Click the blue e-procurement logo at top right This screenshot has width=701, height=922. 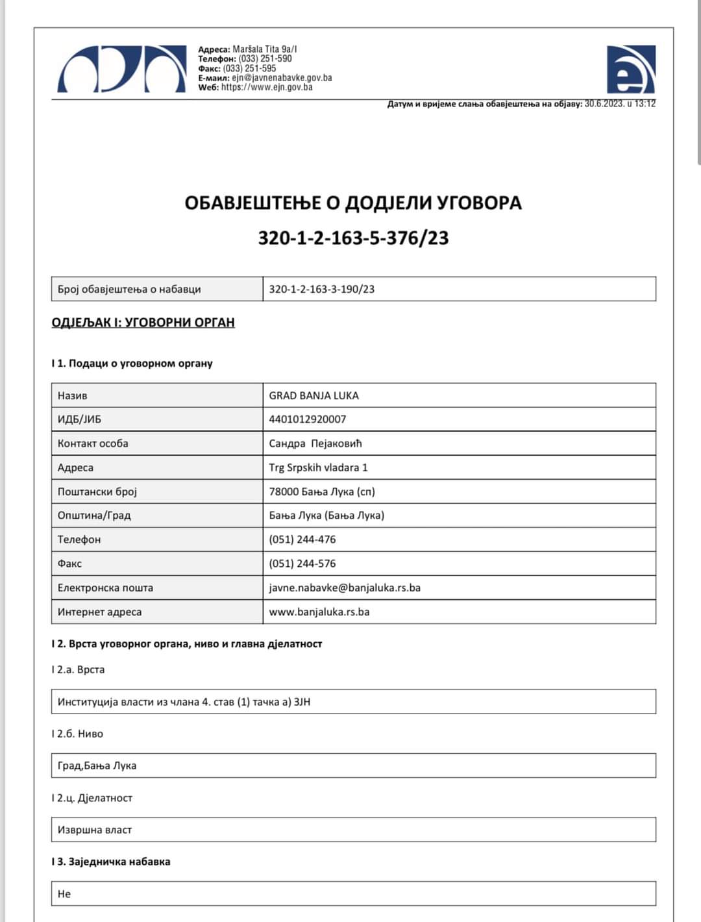(x=630, y=69)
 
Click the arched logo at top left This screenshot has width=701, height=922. (x=121, y=69)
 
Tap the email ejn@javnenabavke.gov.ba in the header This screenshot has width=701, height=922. (x=282, y=78)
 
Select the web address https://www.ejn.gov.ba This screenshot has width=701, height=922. (x=266, y=87)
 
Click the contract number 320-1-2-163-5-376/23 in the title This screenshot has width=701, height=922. (x=353, y=238)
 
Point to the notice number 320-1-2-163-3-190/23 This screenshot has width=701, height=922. (x=321, y=290)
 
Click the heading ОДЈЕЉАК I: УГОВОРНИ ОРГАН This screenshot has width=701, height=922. (x=143, y=323)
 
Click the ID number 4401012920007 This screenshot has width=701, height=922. (x=308, y=419)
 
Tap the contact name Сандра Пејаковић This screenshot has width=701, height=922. (x=315, y=443)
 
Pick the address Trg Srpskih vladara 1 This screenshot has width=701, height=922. (x=318, y=467)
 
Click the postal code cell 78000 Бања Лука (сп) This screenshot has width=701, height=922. (x=322, y=492)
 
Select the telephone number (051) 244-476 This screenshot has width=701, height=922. (x=302, y=540)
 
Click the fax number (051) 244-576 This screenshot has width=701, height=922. (x=302, y=564)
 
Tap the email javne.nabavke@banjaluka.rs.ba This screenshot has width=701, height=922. (x=345, y=588)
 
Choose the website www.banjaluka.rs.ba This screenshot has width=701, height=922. (x=319, y=612)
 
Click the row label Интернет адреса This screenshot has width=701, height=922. (x=99, y=612)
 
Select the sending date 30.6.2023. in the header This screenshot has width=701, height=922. (x=604, y=104)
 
